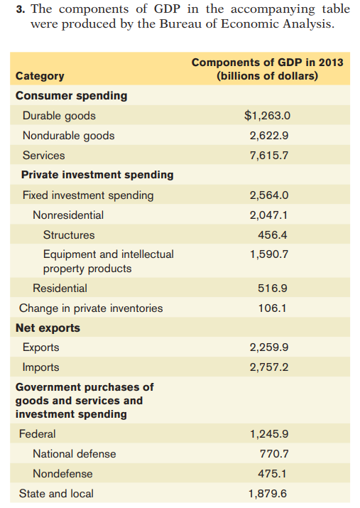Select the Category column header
coord(40,76)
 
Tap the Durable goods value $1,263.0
coord(268,116)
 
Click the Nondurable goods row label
coord(68,136)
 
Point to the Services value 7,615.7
coord(269,156)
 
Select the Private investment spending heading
coord(97,175)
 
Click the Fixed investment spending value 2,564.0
coord(269,195)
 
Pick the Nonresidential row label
coord(68,215)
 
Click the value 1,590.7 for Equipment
coord(269,254)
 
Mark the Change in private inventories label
coord(91,308)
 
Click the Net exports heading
coord(48,328)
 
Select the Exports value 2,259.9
coord(269,348)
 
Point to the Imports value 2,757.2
coord(269,368)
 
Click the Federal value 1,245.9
coord(269,434)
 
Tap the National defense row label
coord(74,454)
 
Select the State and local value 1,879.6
coord(269,494)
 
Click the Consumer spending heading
coord(72,96)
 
